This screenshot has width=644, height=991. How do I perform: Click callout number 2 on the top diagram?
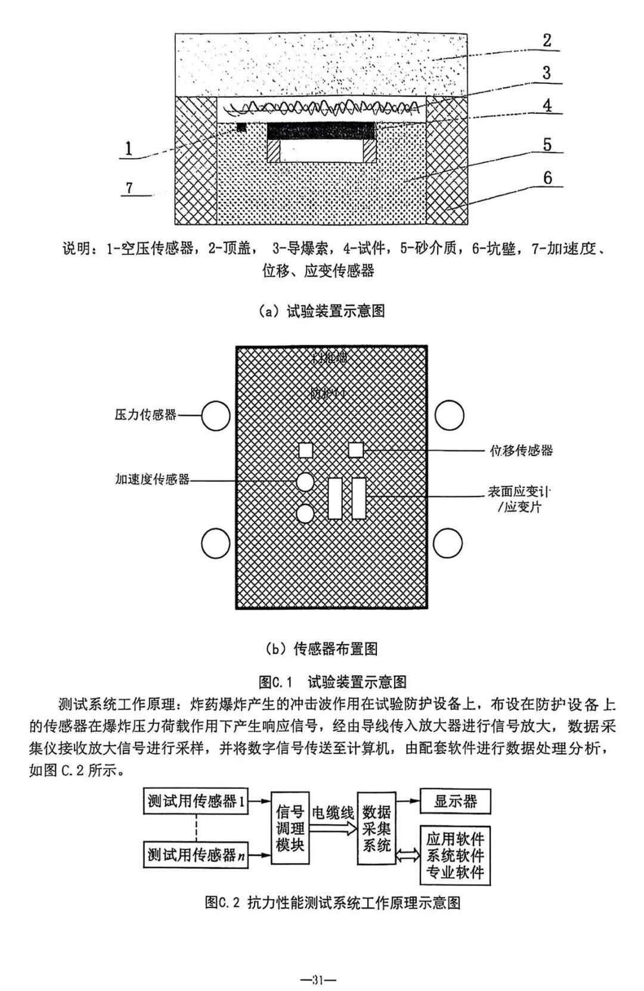[x=547, y=41]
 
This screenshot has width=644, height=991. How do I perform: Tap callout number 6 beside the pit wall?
[x=547, y=178]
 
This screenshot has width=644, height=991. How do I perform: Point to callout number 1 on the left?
[x=129, y=148]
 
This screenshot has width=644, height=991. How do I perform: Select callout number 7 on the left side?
[x=129, y=188]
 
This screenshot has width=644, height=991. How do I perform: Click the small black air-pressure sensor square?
[x=241, y=127]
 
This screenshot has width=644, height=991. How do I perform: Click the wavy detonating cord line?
[x=322, y=108]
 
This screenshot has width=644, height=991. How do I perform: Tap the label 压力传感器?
[x=145, y=415]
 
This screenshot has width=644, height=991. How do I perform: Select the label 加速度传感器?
[x=152, y=479]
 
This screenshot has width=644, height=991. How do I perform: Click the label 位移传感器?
[x=521, y=451]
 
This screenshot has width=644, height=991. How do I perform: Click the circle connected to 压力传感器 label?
[x=215, y=415]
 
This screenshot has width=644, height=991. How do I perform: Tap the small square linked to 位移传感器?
[x=356, y=449]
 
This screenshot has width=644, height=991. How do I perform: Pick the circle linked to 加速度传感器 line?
[x=305, y=481]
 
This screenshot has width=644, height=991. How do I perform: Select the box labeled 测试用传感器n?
[x=196, y=856]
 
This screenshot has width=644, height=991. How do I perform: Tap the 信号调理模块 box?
[x=290, y=828]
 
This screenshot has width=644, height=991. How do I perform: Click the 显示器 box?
[x=456, y=802]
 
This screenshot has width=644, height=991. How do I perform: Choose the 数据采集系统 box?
[x=376, y=828]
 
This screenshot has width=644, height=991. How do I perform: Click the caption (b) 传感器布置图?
[x=321, y=649]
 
